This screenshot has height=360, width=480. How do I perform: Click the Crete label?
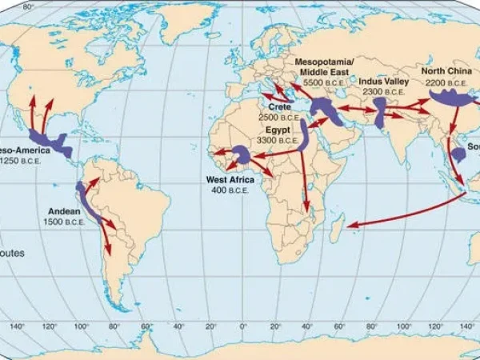(x=279, y=106)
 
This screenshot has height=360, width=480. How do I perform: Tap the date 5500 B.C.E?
(x=323, y=82)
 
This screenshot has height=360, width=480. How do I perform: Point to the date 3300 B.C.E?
(x=274, y=140)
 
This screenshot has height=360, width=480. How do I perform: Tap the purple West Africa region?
(x=240, y=154)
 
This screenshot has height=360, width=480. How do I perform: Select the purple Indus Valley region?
(x=379, y=111)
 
